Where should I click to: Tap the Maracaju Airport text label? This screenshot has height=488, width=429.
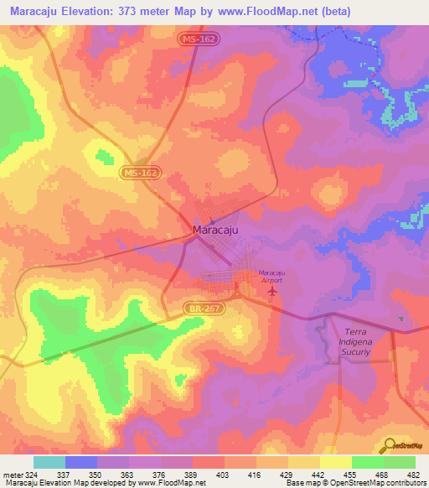pyautogui.click(x=271, y=277)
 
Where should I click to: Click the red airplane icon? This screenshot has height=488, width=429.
pyautogui.click(x=271, y=291)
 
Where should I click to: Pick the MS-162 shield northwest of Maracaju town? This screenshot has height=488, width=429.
pyautogui.click(x=138, y=173)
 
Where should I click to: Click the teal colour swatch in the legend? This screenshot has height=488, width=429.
pyautogui.click(x=49, y=462)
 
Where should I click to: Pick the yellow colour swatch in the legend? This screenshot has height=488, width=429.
pyautogui.click(x=336, y=462)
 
